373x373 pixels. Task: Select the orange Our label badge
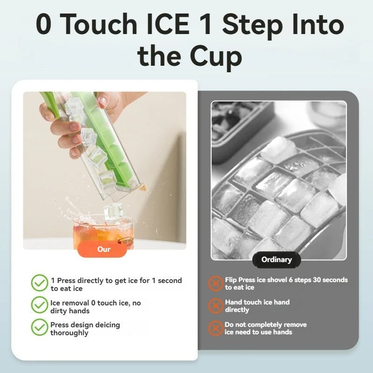[104, 249]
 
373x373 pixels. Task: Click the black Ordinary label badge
[276, 260]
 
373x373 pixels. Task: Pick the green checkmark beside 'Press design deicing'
[40, 327]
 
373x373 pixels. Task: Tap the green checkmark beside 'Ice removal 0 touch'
[40, 305]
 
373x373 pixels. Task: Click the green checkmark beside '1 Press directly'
[40, 283]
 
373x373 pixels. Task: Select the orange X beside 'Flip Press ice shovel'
[215, 283]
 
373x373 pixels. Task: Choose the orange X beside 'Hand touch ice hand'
[215, 306]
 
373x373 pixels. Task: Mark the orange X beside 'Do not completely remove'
[215, 328]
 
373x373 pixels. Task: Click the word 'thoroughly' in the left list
[69, 333]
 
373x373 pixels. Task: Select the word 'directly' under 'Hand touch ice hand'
[237, 310]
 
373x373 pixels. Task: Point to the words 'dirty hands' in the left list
[70, 311]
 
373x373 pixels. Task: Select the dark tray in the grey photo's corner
[240, 124]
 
